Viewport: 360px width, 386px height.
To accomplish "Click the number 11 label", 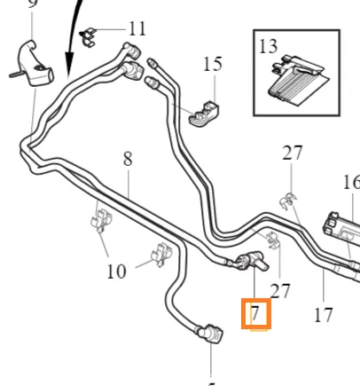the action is [x=137, y=29].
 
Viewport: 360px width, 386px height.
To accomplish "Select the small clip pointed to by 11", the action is [x=88, y=37].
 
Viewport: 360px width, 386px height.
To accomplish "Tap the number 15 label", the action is [x=213, y=64].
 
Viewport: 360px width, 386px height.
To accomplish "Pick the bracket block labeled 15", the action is [x=204, y=114].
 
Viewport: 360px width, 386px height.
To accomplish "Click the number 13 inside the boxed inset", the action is [x=268, y=46].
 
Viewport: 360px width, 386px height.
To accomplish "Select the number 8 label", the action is [x=128, y=159].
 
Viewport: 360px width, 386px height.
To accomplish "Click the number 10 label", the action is [x=116, y=272].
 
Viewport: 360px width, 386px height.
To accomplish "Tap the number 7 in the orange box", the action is [x=255, y=313].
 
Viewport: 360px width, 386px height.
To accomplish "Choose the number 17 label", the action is [x=324, y=315].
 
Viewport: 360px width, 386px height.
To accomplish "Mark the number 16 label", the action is [x=352, y=182].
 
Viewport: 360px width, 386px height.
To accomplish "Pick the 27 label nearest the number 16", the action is [x=293, y=153].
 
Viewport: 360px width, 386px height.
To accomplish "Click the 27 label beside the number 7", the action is [x=280, y=291].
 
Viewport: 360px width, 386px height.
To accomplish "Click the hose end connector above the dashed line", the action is [x=210, y=335].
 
